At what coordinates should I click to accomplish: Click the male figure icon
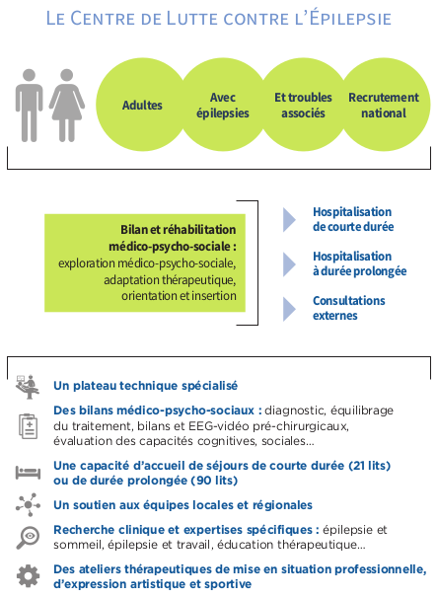(29, 106)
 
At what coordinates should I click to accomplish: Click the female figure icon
(67, 106)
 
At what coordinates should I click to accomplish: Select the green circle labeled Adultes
(142, 105)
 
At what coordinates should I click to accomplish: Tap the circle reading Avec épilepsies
(223, 105)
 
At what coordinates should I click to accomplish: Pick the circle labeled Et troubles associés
(304, 105)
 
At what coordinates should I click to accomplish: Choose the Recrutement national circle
(385, 105)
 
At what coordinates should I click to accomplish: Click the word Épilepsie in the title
(351, 19)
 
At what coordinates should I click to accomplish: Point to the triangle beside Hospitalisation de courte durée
(289, 220)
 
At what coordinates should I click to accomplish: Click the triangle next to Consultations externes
(289, 309)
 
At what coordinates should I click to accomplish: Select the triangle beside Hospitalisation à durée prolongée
(289, 264)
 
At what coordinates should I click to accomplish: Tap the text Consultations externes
(349, 308)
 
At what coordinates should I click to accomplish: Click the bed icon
(28, 473)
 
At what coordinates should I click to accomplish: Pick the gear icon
(29, 576)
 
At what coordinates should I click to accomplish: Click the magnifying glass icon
(28, 538)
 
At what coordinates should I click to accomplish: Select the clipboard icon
(29, 426)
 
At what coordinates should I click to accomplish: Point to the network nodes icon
(28, 504)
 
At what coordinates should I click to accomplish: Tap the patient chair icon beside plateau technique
(28, 387)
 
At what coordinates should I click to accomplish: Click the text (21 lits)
(369, 466)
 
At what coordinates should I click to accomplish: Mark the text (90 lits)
(214, 481)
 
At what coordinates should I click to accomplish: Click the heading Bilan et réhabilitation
(179, 230)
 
